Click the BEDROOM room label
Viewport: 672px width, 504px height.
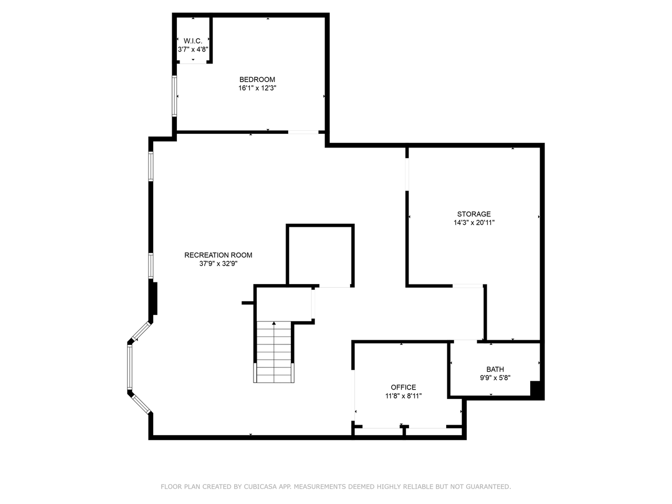(257, 80)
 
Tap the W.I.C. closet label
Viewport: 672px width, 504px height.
(193, 41)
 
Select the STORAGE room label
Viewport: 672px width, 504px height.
(474, 214)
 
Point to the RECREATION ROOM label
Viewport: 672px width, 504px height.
(218, 255)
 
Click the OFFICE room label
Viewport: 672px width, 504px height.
(403, 387)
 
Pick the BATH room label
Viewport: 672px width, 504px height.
(495, 370)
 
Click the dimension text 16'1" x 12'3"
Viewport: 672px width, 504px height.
(257, 88)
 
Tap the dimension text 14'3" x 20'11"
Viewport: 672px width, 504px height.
(474, 223)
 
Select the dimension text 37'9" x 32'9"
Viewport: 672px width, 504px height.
(218, 264)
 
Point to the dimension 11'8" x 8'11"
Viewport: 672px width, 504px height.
(403, 396)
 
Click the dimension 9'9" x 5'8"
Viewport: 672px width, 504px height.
(495, 378)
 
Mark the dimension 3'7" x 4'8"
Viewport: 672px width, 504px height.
(193, 49)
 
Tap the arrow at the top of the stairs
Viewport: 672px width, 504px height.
(274, 323)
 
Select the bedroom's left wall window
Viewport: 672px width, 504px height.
(175, 96)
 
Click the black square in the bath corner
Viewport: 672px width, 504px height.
(537, 389)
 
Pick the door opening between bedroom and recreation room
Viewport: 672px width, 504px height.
(303, 132)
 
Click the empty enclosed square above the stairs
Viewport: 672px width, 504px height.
(320, 256)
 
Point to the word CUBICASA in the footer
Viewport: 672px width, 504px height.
(261, 487)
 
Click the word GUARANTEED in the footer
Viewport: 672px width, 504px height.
(488, 487)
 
